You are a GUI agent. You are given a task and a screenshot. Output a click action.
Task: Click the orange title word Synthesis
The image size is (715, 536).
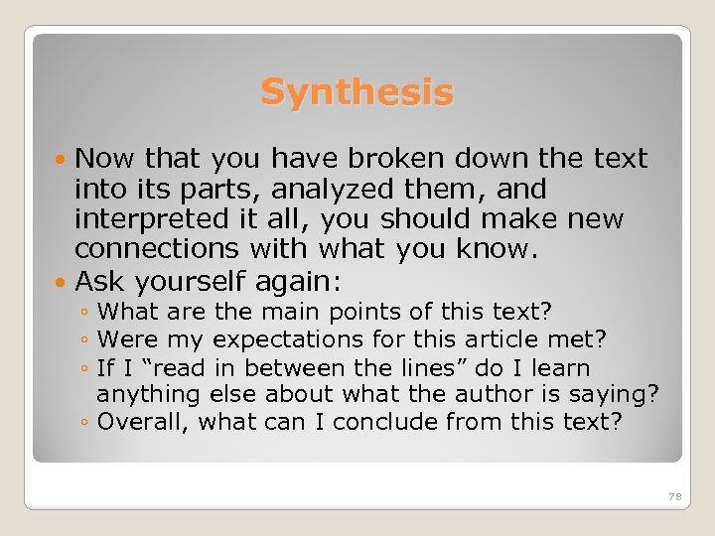tap(357, 93)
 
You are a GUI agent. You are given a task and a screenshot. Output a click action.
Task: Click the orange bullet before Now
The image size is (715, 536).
tap(64, 159)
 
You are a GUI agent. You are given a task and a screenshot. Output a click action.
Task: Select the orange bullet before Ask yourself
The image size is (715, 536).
tap(64, 279)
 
